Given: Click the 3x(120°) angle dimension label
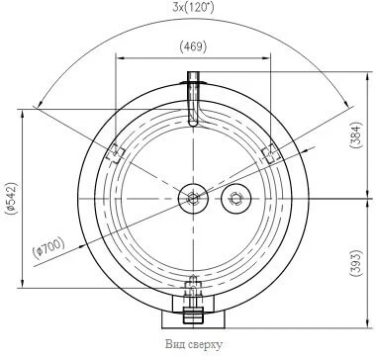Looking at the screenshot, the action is pos(193,7).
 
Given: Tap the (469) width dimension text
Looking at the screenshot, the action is pos(193,46).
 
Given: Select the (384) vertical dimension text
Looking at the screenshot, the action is pos(357,135).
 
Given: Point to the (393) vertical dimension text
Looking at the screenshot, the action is pos(357,264).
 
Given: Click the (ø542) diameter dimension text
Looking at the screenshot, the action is pos(11,198).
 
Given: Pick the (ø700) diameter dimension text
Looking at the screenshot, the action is pos(48,247).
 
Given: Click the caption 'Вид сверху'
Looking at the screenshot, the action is pos(194,345).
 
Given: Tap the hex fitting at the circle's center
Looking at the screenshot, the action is pos(193,199).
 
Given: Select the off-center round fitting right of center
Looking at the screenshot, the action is pos(236,199).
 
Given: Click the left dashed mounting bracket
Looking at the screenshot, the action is pos(115,153).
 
